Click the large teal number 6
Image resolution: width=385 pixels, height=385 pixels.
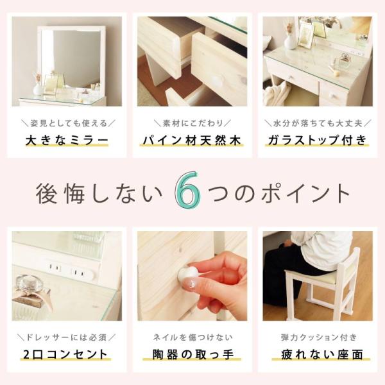point(187,191)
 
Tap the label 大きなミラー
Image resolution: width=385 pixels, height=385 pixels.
point(67,139)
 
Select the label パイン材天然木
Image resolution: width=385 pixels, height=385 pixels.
point(192,139)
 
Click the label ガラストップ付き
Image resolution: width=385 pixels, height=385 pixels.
point(318,139)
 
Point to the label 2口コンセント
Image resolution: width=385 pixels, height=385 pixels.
point(67,354)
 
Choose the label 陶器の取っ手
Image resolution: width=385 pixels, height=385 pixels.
point(192,354)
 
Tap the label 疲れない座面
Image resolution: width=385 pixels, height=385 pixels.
point(318,354)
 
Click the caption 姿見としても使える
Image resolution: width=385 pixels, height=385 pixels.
point(67,122)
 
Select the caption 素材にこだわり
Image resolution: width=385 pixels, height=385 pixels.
point(192,122)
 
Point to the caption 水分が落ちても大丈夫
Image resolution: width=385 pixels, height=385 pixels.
point(318,122)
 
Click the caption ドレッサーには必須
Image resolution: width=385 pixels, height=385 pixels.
point(67,337)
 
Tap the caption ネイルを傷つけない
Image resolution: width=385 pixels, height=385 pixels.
point(192,337)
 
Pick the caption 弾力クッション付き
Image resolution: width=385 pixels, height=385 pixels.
point(318,337)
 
